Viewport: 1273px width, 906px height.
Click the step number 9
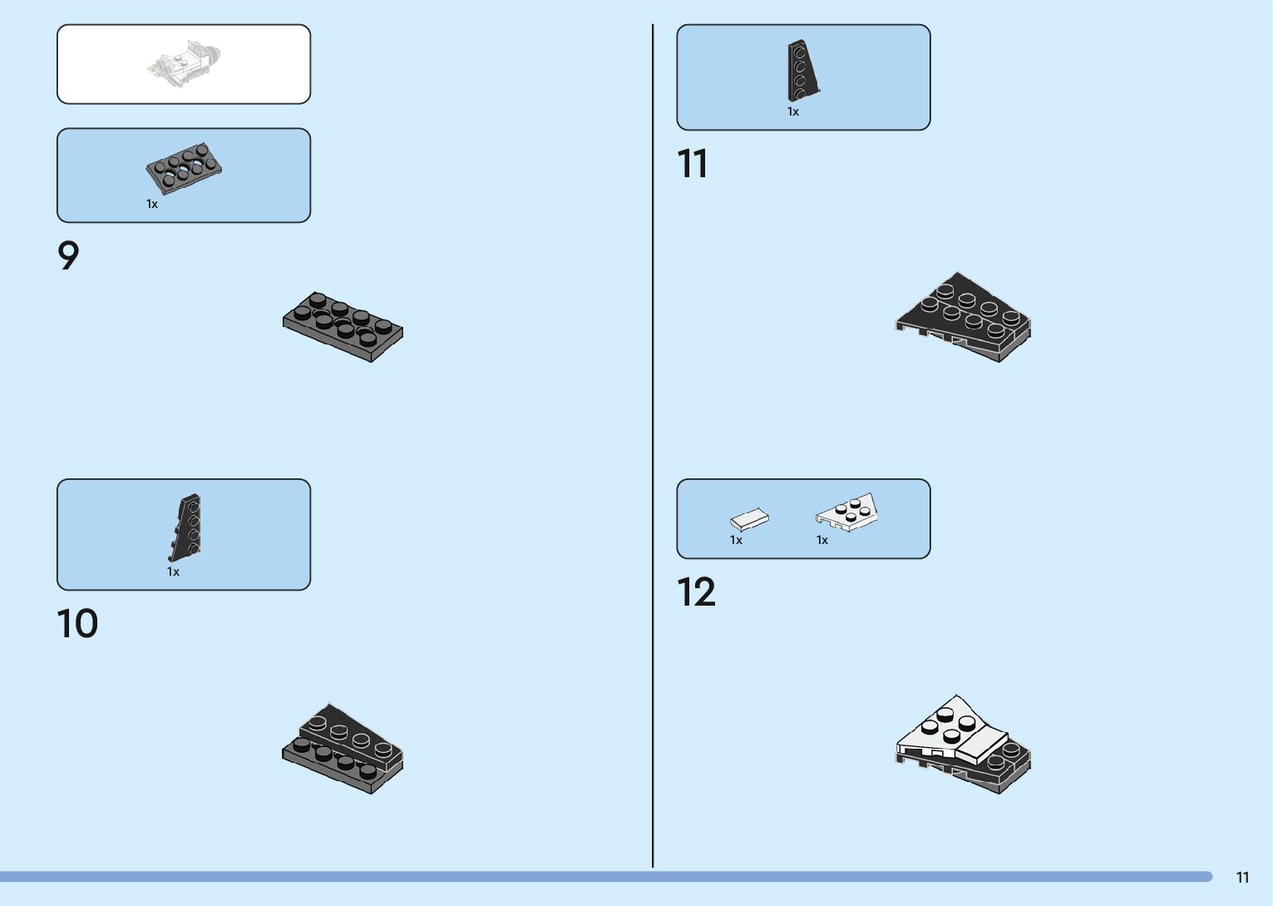pyautogui.click(x=68, y=256)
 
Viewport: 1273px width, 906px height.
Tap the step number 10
pyautogui.click(x=77, y=624)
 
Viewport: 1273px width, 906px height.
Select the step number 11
pyautogui.click(x=693, y=164)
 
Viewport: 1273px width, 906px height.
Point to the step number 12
pyautogui.click(x=696, y=593)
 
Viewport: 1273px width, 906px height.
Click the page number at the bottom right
pyautogui.click(x=1242, y=878)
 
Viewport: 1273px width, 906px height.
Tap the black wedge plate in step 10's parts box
pyautogui.click(x=186, y=527)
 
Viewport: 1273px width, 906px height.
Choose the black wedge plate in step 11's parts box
pyautogui.click(x=802, y=71)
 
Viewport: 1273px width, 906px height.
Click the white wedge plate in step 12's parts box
pyautogui.click(x=847, y=511)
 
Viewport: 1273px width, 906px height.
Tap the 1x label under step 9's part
pyautogui.click(x=152, y=204)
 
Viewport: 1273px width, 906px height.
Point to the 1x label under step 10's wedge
pyautogui.click(x=173, y=572)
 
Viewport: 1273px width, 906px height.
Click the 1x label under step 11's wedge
pyautogui.click(x=793, y=111)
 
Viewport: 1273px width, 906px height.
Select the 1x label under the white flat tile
pyautogui.click(x=736, y=540)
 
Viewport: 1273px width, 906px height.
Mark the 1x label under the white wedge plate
pyautogui.click(x=822, y=540)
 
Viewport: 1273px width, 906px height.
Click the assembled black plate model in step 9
pyautogui.click(x=343, y=326)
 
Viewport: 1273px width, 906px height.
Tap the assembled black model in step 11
pyautogui.click(x=964, y=317)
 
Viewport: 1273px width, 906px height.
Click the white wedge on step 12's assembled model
pyautogui.click(x=940, y=729)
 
